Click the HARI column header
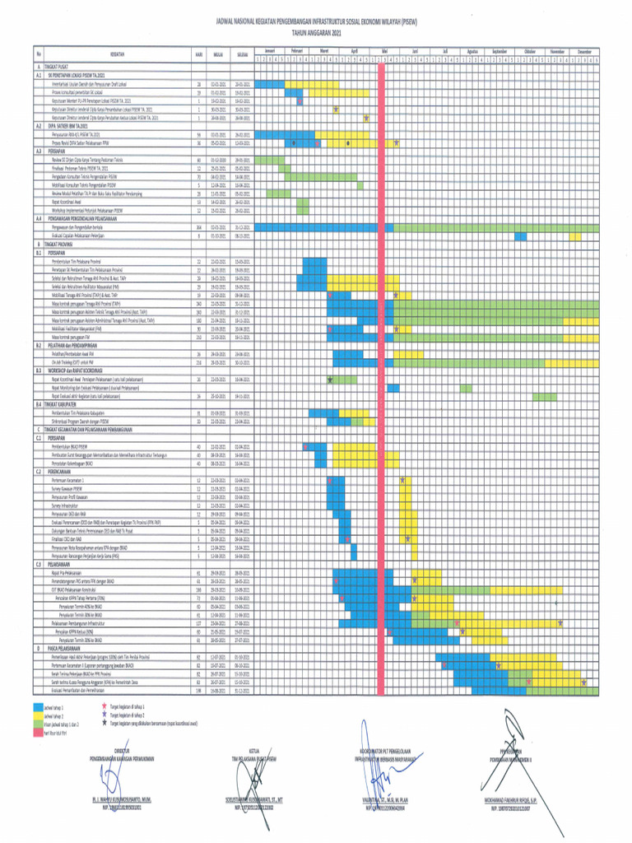coord(199,54)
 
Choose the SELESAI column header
coord(242,54)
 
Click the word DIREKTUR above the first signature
coord(123,751)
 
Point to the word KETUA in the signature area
coord(254,751)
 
